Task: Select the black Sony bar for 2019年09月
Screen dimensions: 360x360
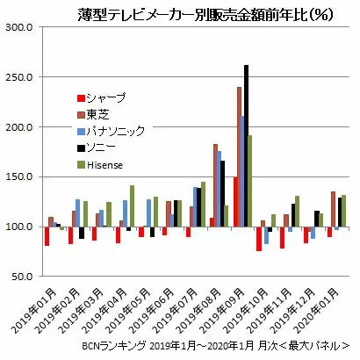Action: (x=246, y=146)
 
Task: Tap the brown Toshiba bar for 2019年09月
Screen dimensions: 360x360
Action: (x=239, y=157)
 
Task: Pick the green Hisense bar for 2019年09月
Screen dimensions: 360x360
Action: (x=249, y=181)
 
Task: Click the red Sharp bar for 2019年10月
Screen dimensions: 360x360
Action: (x=259, y=239)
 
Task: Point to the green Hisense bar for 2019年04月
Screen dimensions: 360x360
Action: (x=132, y=206)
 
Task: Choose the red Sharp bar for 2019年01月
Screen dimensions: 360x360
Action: (x=47, y=236)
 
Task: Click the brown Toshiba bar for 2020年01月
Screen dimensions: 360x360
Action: (x=333, y=209)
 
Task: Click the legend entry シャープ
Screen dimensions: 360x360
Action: (x=102, y=97)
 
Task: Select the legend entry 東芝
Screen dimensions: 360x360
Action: (x=93, y=114)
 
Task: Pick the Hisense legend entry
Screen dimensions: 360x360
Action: (x=100, y=165)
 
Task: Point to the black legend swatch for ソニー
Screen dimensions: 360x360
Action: (x=81, y=148)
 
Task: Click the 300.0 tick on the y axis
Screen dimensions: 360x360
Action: (x=19, y=27)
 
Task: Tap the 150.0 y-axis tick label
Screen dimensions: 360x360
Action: (x=19, y=177)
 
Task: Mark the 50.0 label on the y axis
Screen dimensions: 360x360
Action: (x=22, y=277)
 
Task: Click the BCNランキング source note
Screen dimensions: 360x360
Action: (x=216, y=346)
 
